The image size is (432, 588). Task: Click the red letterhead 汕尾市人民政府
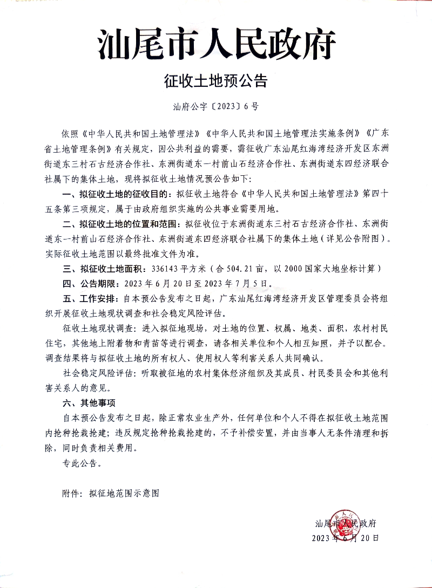[216, 45]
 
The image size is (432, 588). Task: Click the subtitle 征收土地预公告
[216, 81]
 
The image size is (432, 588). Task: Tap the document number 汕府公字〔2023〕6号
[216, 106]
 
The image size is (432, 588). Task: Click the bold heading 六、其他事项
[89, 403]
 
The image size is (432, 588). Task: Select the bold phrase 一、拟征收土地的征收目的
[116, 192]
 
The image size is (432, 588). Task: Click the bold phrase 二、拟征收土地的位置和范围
[122, 222]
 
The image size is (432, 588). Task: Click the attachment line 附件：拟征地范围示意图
[111, 493]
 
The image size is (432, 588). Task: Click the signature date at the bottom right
[346, 538]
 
